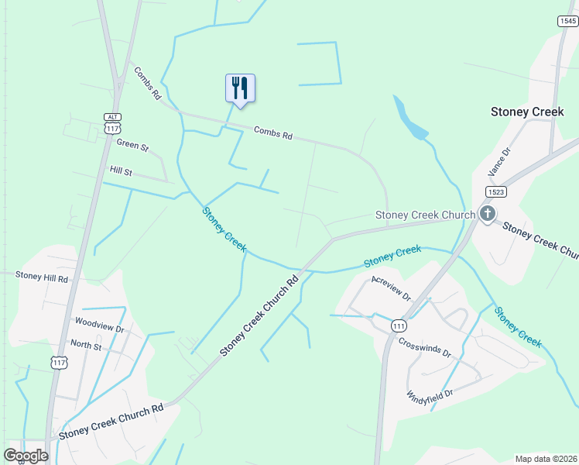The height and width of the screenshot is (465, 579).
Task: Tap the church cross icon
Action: coord(487,214)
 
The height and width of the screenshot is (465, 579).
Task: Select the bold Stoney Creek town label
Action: coord(527,112)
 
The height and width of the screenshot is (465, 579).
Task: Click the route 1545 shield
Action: coord(567,21)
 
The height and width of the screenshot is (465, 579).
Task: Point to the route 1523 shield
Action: coord(497,191)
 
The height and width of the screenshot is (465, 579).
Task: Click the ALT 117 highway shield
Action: coord(113,123)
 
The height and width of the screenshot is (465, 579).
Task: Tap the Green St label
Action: coord(132,144)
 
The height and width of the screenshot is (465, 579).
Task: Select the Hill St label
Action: coord(122,170)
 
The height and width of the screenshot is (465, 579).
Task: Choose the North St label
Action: coord(86,346)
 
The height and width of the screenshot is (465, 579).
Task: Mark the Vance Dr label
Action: coord(501,163)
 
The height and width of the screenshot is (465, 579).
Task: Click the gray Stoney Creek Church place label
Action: coord(425,215)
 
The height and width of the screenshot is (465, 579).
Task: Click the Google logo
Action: coord(26,456)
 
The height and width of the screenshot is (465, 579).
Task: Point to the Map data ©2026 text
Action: coord(545,459)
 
